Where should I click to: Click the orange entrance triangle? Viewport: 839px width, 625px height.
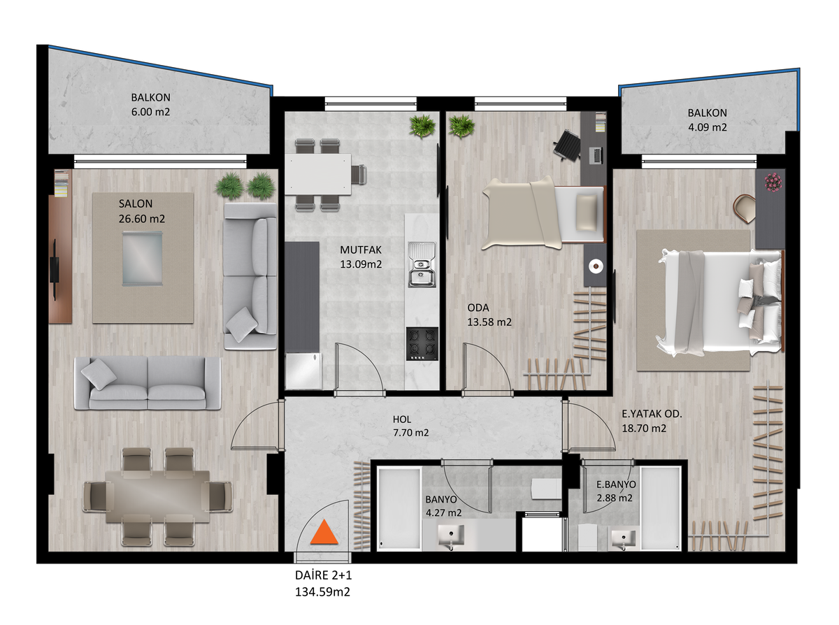click(324, 533)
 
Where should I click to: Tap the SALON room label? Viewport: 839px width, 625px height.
click(136, 203)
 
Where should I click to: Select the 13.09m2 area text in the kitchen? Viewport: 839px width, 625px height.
click(361, 264)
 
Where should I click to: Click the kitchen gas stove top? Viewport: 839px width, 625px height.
click(422, 344)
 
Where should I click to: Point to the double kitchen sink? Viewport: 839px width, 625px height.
click(422, 264)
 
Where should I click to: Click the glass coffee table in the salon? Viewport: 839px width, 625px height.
click(142, 259)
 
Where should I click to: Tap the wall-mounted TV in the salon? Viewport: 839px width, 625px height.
click(55, 270)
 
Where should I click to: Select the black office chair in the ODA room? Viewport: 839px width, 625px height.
click(567, 145)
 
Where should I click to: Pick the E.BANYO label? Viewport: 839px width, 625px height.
click(616, 484)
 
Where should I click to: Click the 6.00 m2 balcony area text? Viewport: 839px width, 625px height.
click(150, 112)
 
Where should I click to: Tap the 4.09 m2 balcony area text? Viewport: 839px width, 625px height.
click(708, 127)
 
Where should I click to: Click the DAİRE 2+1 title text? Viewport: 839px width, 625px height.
click(324, 575)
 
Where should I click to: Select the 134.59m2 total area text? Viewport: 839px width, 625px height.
click(322, 591)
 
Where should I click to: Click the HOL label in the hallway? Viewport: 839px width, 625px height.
click(402, 419)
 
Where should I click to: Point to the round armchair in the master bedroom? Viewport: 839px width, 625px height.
click(744, 208)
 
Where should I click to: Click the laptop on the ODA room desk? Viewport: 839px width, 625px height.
click(596, 156)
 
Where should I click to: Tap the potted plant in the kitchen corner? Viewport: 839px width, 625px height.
click(421, 127)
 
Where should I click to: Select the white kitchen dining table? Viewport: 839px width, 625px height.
click(317, 174)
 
